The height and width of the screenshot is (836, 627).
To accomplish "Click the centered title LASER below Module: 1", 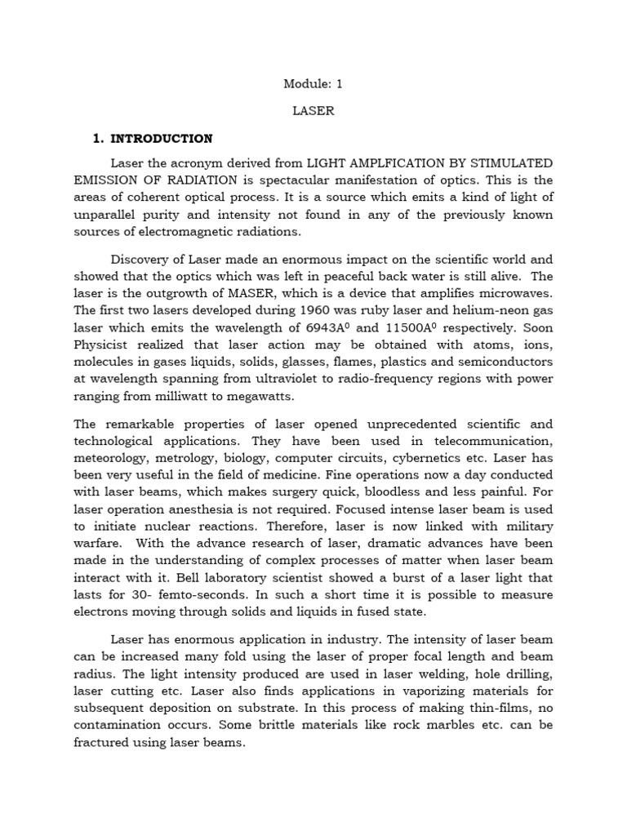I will coord(313,111).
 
